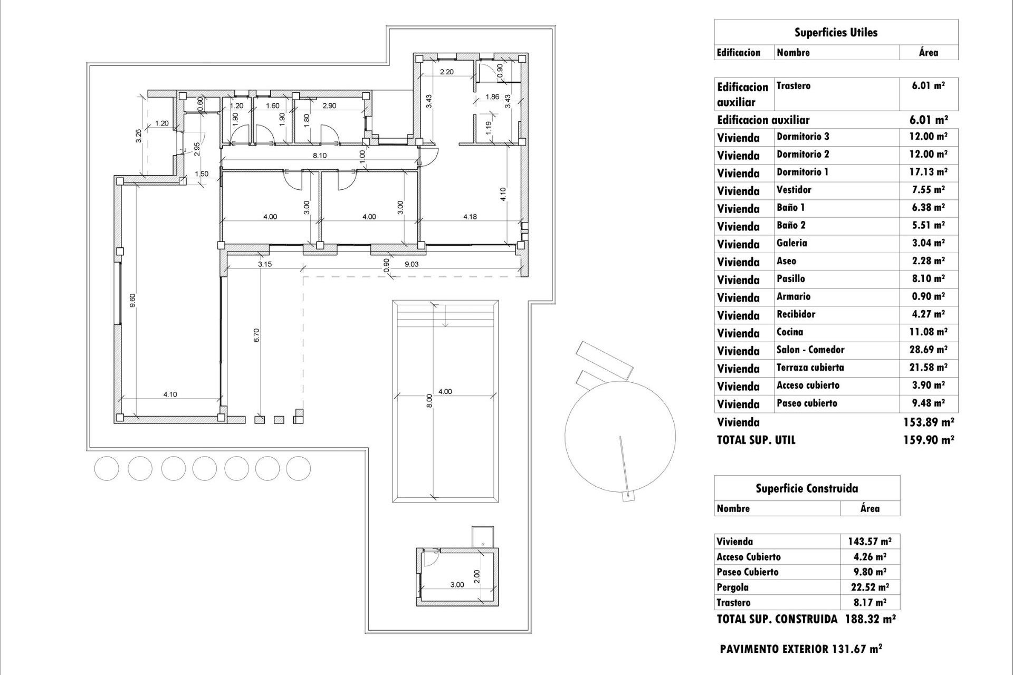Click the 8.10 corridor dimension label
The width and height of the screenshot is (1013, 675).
[x=319, y=156]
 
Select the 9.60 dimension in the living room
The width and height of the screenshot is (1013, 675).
[x=133, y=301]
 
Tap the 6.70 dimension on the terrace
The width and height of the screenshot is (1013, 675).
[x=256, y=335]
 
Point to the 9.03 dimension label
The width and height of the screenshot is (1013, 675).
[x=411, y=264]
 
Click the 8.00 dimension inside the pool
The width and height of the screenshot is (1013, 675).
[x=429, y=400]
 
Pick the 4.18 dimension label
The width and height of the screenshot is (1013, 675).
[x=470, y=216]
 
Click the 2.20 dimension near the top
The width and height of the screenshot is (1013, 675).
[x=446, y=72]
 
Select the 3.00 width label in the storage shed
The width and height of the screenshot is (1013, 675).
[x=457, y=585]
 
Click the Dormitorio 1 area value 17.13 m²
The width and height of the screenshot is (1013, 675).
[x=928, y=172]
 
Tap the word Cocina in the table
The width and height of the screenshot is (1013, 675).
[x=789, y=332]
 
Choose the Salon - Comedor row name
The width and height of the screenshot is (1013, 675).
[x=810, y=350]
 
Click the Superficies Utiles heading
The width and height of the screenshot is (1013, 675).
[x=836, y=33]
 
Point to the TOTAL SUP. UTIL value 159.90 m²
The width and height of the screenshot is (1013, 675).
[x=928, y=440]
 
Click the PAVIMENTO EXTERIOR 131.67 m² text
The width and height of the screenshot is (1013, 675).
[x=800, y=649]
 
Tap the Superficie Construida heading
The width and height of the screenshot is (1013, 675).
[x=806, y=488]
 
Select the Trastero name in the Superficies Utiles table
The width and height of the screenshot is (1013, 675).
[x=793, y=86]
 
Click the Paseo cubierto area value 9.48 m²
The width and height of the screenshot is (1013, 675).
[x=928, y=403]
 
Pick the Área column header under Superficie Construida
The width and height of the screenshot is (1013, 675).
[x=869, y=508]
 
